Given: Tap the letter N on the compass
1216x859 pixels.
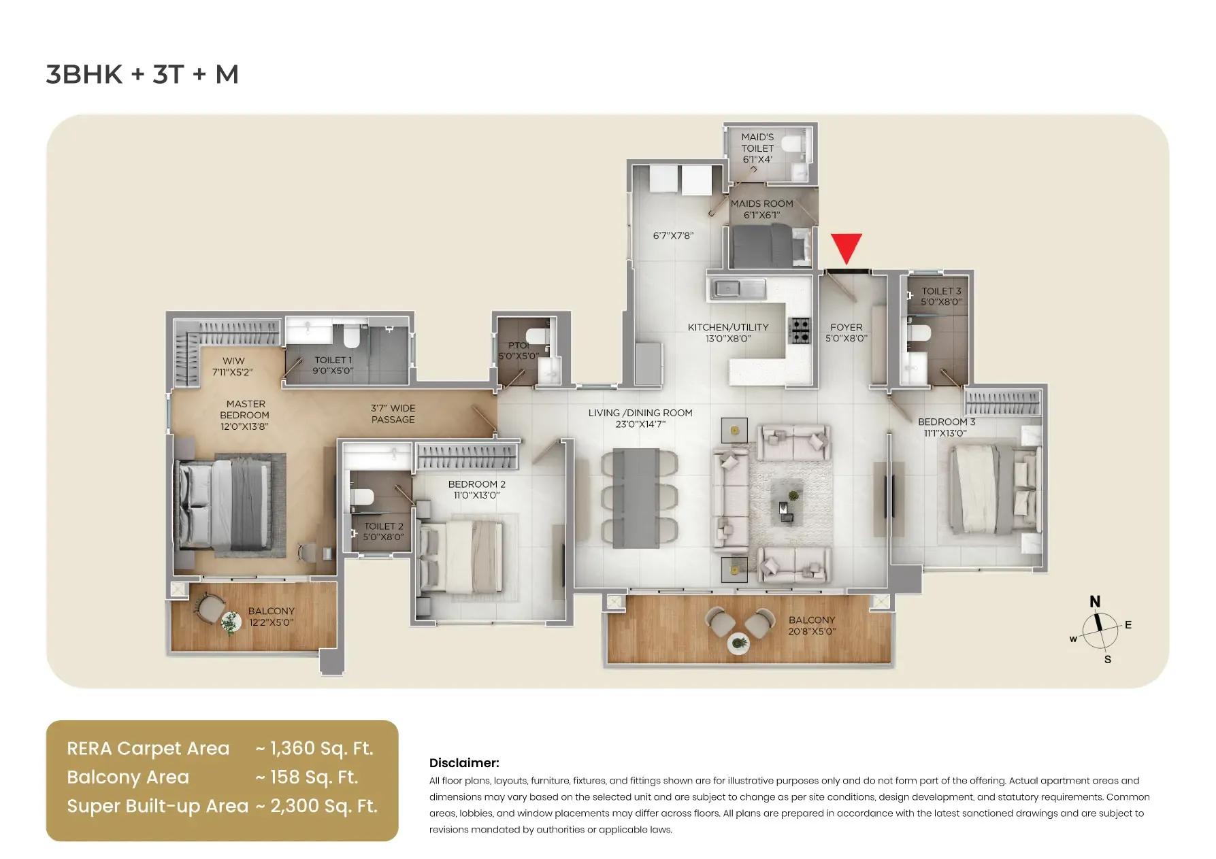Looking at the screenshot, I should pos(1095,601).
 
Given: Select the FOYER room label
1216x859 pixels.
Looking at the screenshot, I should pos(846,327).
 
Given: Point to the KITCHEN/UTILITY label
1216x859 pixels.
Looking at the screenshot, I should pos(728,327).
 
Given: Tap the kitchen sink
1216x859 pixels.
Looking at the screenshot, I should pos(729,289).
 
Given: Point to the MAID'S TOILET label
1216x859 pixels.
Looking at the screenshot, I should pos(757,143).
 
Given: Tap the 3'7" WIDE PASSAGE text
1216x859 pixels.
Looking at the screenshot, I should pos(393,414).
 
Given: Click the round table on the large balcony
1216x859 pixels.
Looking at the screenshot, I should pos(738,643).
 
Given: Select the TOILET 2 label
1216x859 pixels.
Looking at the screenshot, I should pos(384,526).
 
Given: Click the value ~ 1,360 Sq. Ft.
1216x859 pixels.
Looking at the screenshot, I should pos(314,748).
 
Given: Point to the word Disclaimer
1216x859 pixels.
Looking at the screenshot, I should pos(464,763).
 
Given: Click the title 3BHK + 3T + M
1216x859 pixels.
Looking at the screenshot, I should pos(142,74).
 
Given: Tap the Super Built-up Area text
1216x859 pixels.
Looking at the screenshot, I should pos(157,806).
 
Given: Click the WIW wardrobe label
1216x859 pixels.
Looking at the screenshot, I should pos(233,360).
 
